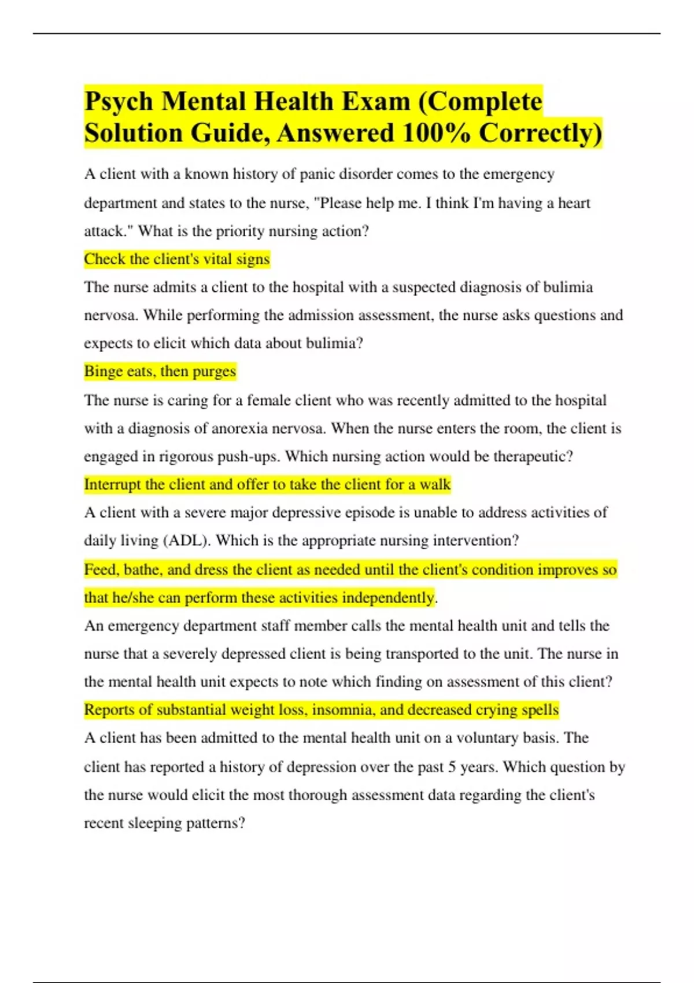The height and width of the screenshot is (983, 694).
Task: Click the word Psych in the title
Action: pyautogui.click(x=119, y=102)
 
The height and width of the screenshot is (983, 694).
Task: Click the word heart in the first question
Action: pyautogui.click(x=574, y=203)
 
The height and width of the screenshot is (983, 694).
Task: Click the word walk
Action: pyautogui.click(x=435, y=485)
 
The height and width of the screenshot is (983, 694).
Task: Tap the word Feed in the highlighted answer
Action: pyautogui.click(x=101, y=570)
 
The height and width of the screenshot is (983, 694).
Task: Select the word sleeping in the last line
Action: pyautogui.click(x=154, y=823)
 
